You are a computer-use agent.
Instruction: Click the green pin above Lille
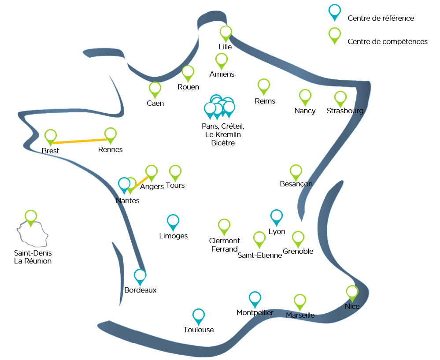coord(226,33)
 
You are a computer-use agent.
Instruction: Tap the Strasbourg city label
coord(345,111)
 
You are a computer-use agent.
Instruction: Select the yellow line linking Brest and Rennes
coord(81,141)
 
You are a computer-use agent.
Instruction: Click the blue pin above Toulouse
coord(199,316)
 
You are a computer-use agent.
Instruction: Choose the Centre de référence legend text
coord(381,18)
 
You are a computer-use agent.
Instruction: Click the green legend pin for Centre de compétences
coord(335,34)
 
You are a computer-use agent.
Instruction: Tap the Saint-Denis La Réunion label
coord(33,257)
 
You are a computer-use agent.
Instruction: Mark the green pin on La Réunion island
coord(31,217)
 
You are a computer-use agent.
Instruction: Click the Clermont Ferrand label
coord(225,245)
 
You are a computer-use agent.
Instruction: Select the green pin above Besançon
coord(296,172)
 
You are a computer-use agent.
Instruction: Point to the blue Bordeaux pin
coord(140,276)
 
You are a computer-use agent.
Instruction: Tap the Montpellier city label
coord(255,313)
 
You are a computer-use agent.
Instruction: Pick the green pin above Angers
coord(151,172)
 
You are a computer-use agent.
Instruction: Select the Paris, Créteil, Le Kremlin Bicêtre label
coord(222,134)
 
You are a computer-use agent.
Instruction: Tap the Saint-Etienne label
coord(259,255)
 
